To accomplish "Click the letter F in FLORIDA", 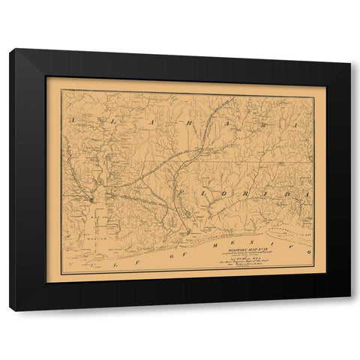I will click(181, 192).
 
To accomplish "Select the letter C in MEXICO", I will click(288, 249).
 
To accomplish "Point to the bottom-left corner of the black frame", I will click(10, 309).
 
